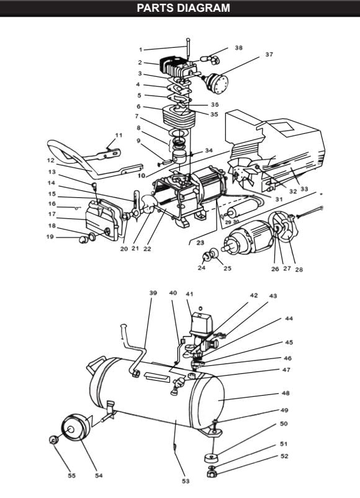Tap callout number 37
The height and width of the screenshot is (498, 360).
(269, 55)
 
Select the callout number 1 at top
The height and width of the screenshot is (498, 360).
(141, 49)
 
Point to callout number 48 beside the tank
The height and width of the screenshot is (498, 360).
(286, 393)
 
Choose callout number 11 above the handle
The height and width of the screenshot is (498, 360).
(119, 135)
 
